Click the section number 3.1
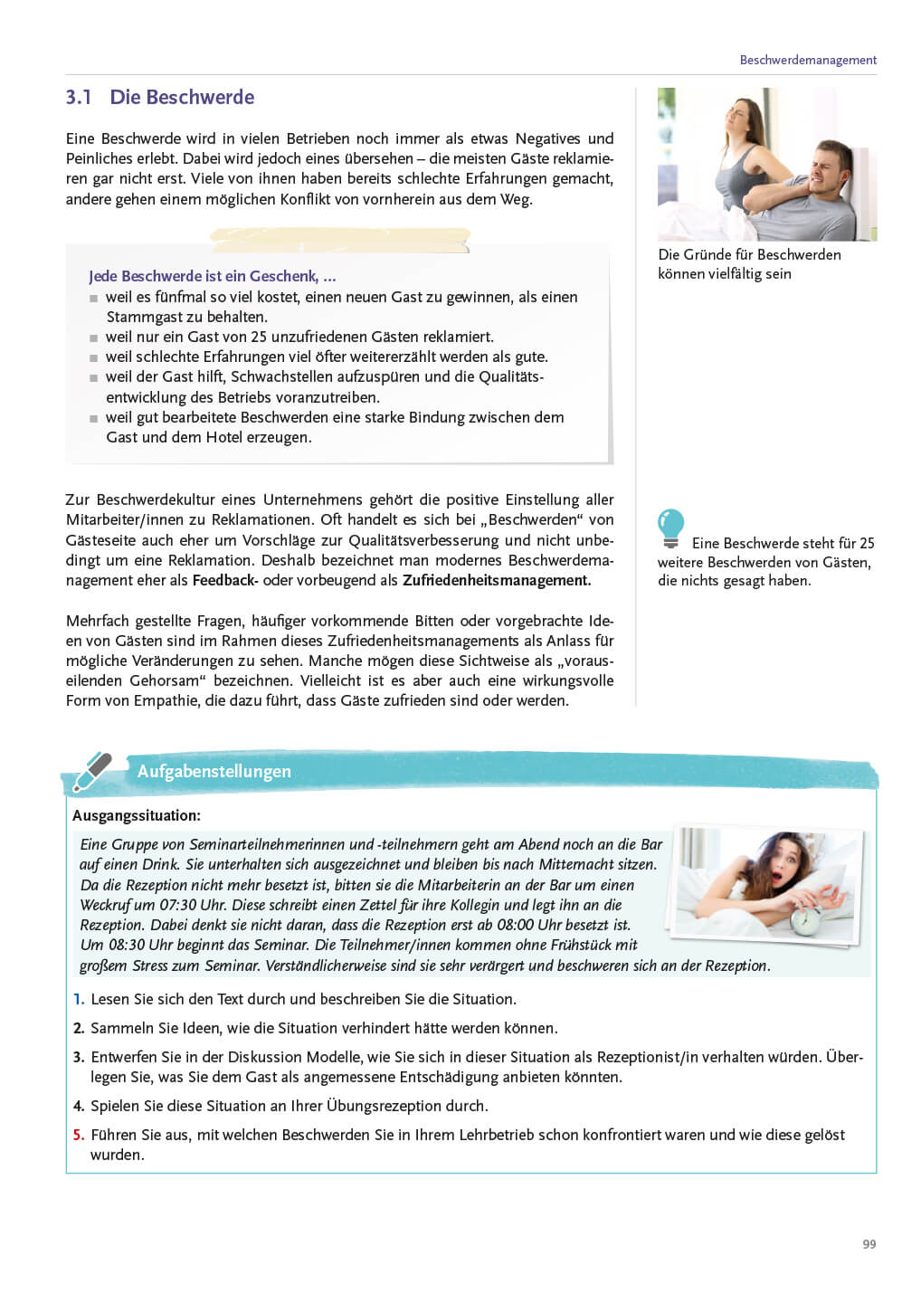point(78,98)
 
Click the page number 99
point(869,1244)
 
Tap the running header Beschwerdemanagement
point(807,60)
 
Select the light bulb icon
point(670,528)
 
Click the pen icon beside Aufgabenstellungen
point(91,772)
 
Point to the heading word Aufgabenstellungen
point(214,772)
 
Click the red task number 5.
point(78,1135)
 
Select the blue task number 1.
point(78,999)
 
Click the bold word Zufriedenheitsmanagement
point(496,580)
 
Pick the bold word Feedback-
point(225,580)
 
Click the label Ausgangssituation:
point(136,815)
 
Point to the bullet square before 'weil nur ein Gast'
point(93,338)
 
